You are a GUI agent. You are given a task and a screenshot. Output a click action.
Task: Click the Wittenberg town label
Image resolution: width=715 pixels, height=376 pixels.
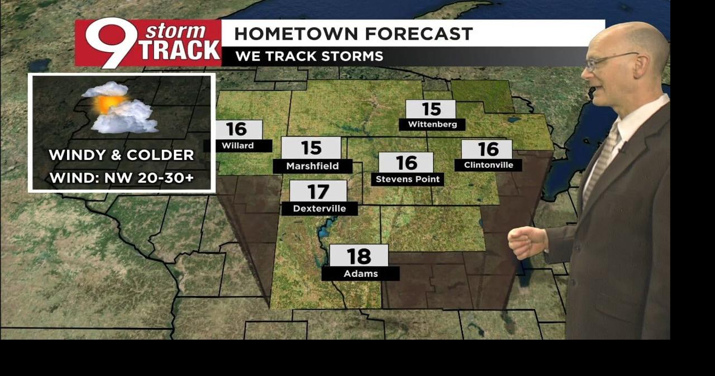[432, 124]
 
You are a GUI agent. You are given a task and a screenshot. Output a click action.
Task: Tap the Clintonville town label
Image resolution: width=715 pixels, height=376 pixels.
[488, 165]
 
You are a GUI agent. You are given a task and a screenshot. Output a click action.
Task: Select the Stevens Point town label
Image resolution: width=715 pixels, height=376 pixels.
[408, 179]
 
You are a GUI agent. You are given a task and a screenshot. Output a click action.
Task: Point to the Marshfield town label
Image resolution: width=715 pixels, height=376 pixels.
[312, 166]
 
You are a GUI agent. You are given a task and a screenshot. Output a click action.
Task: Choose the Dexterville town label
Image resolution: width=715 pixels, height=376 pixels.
[319, 209]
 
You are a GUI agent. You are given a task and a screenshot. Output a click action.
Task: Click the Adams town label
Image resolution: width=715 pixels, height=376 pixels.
[360, 274]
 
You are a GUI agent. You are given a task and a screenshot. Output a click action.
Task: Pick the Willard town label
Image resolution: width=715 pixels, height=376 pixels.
[238, 145]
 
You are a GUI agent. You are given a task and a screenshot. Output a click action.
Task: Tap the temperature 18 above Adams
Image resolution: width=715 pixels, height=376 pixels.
[359, 256]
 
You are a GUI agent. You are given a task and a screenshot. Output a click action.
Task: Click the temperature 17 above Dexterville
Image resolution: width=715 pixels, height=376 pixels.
[318, 192]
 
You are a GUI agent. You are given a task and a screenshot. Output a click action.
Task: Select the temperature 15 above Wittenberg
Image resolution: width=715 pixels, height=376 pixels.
[431, 109]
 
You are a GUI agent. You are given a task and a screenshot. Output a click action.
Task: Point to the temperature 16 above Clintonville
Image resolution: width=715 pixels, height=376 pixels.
[488, 149]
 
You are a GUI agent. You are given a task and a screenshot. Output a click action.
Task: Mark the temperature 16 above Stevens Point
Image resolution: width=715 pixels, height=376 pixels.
[406, 163]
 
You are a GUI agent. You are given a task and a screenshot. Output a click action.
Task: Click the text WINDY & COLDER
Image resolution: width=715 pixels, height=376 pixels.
[121, 155]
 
